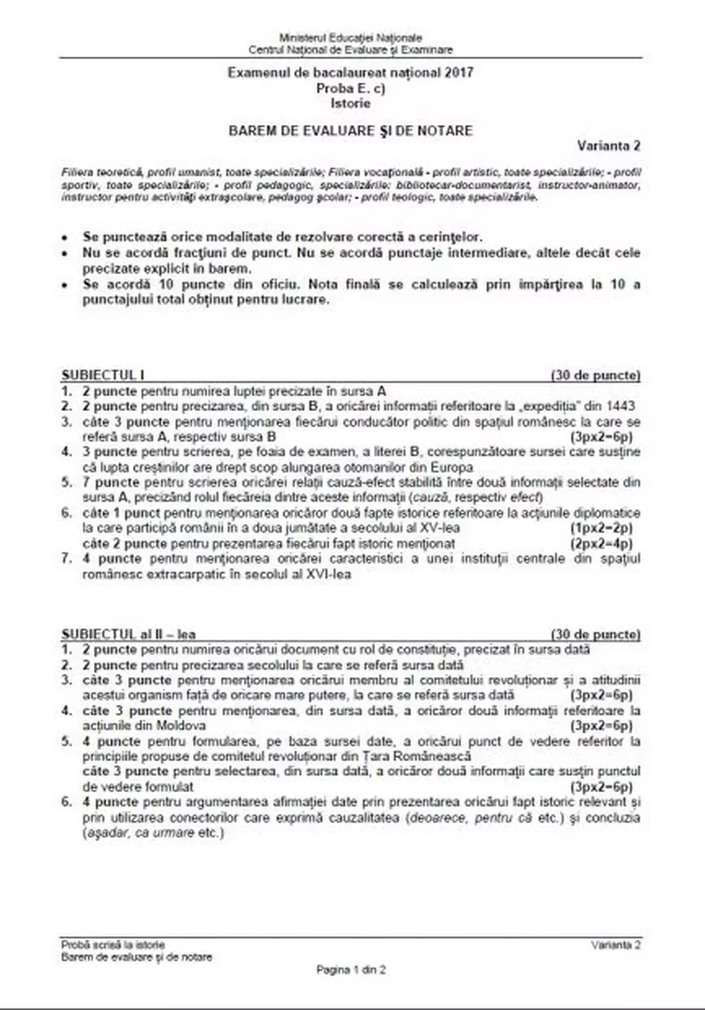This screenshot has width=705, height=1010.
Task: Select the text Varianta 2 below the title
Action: (x=609, y=147)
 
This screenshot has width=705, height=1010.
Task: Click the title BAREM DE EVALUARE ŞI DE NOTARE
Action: (x=350, y=130)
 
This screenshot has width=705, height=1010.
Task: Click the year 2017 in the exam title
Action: (x=459, y=73)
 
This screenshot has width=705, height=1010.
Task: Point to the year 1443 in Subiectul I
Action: (x=618, y=405)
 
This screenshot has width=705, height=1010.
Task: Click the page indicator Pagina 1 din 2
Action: (x=351, y=969)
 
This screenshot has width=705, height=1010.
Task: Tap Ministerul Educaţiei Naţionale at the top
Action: (x=350, y=37)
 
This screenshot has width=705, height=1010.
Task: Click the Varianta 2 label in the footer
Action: (x=616, y=944)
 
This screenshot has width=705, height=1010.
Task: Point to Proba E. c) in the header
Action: (x=351, y=88)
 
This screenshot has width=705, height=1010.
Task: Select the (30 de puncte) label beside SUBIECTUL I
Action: (x=596, y=375)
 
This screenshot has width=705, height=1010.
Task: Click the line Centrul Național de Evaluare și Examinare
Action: (x=350, y=49)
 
